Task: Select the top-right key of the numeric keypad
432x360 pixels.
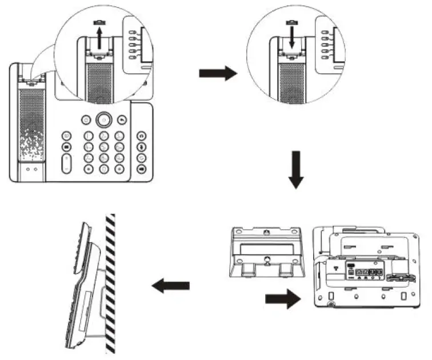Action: point(119,137)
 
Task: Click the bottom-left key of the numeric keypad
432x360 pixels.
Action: point(89,169)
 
